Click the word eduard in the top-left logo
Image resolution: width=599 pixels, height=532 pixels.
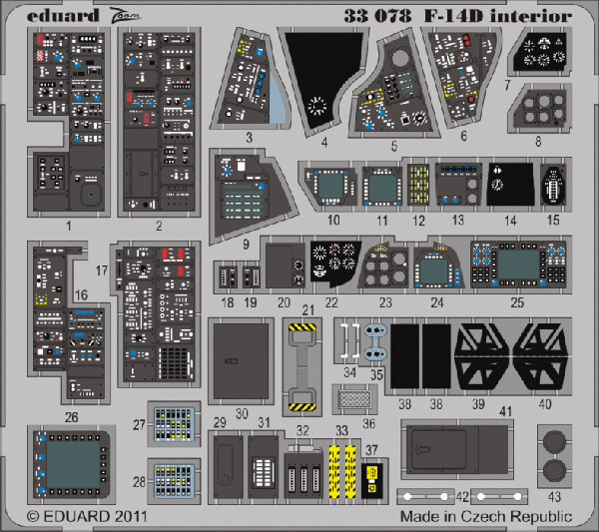(63, 16)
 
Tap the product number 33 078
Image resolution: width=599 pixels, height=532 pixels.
(377, 16)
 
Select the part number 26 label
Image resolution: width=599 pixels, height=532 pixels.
(72, 417)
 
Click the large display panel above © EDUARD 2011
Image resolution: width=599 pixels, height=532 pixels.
(72, 464)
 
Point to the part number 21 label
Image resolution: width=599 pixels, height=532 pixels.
(307, 309)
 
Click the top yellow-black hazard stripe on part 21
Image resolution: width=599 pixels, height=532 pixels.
(302, 327)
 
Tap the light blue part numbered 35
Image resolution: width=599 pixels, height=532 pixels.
(375, 341)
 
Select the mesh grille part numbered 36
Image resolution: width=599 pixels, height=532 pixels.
(354, 399)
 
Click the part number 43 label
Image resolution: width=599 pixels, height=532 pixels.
(554, 496)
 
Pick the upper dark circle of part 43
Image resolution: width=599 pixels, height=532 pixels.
(554, 441)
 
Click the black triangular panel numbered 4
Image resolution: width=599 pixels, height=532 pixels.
(322, 78)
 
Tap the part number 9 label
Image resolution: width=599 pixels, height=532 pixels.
(246, 244)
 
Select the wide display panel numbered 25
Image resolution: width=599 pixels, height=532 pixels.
(518, 264)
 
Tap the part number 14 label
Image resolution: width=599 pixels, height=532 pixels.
(510, 221)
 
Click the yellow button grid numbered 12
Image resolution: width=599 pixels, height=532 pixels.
(418, 184)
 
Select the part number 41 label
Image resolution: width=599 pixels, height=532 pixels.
(505, 411)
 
